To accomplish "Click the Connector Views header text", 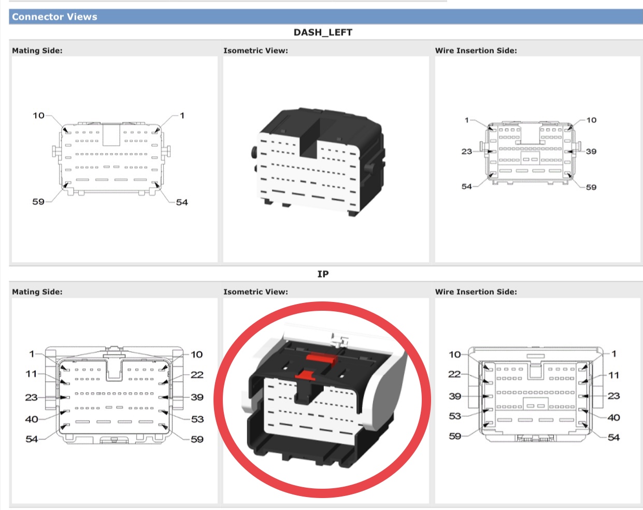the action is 54,17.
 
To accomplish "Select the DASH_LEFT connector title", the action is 323,32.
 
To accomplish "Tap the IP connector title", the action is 323,274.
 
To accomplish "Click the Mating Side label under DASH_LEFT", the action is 37,50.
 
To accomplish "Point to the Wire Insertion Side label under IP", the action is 476,292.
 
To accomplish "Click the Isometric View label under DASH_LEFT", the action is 255,50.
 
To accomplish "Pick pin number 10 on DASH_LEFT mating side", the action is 38,116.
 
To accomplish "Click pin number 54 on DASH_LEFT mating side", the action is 182,202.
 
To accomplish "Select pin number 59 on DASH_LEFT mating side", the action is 38,202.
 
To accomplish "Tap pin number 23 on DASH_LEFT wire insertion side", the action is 466,151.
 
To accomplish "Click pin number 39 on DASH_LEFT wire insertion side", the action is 591,151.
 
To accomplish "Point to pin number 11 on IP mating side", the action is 32,374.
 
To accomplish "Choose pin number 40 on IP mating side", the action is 32,419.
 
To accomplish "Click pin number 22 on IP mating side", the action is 197,375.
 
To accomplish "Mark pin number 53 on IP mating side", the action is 197,419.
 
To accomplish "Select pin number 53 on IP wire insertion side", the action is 455,416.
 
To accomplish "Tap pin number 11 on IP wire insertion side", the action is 613,375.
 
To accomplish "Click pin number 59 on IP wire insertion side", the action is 455,436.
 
